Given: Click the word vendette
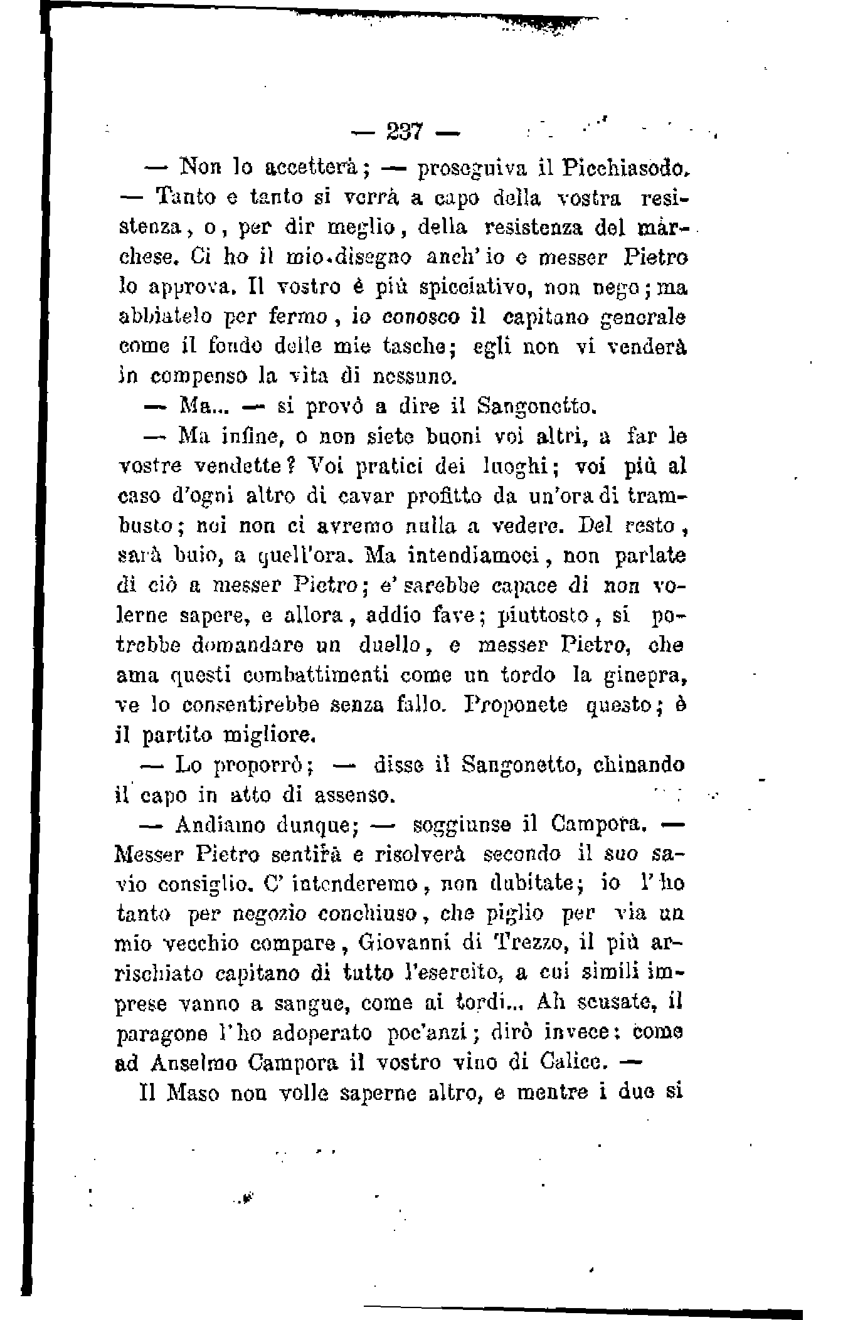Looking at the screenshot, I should pyautogui.click(x=231, y=467).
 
